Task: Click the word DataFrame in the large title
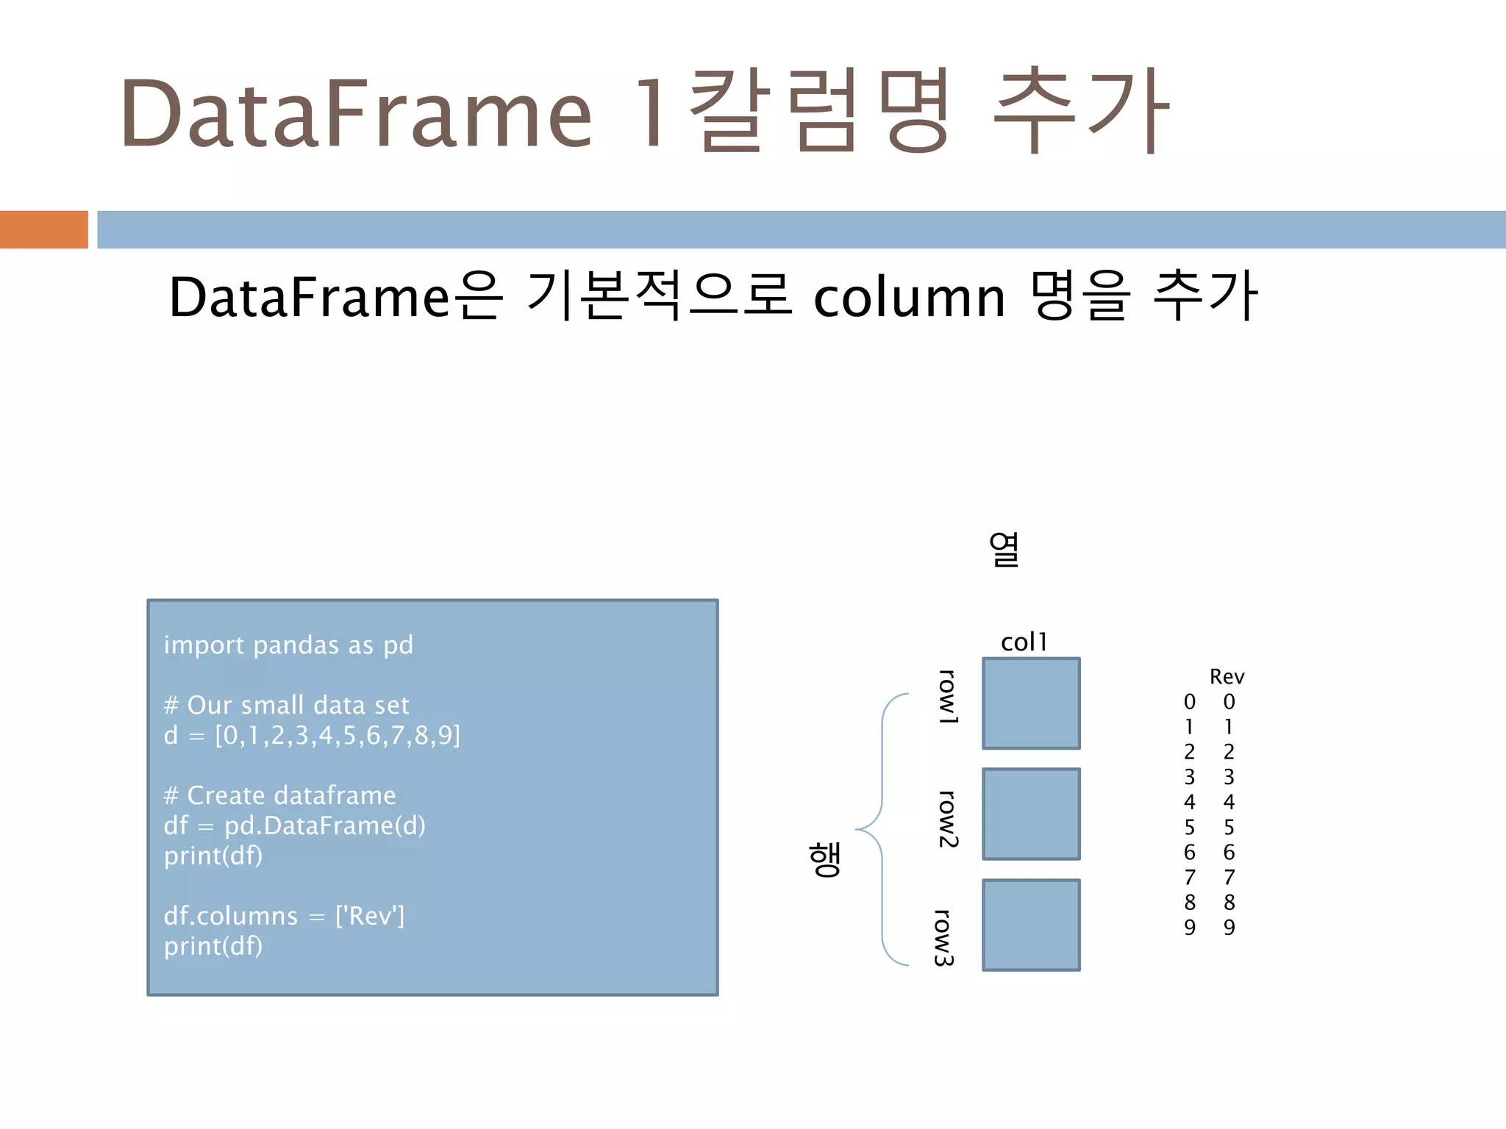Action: pyautogui.click(x=356, y=114)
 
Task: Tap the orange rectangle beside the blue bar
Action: pyautogui.click(x=43, y=229)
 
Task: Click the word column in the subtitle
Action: pyautogui.click(x=909, y=298)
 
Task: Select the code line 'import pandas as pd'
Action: pyautogui.click(x=288, y=645)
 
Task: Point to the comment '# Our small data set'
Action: pyautogui.click(x=286, y=706)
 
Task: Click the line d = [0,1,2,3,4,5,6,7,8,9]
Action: pyautogui.click(x=312, y=736)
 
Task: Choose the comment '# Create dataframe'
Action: pyautogui.click(x=279, y=796)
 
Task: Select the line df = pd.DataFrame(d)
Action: pyautogui.click(x=294, y=826)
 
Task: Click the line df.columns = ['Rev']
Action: pyautogui.click(x=284, y=917)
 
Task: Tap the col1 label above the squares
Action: pyautogui.click(x=1024, y=642)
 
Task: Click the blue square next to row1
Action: pyautogui.click(x=1031, y=703)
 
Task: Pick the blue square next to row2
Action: pyautogui.click(x=1031, y=814)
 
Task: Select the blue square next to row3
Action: pyautogui.click(x=1031, y=925)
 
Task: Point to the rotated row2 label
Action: pyautogui.click(x=948, y=819)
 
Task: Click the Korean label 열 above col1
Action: pyautogui.click(x=1004, y=550)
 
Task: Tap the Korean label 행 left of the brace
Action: pyautogui.click(x=824, y=859)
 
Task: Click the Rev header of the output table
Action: pyautogui.click(x=1227, y=677)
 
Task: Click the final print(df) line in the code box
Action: pyautogui.click(x=213, y=947)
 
